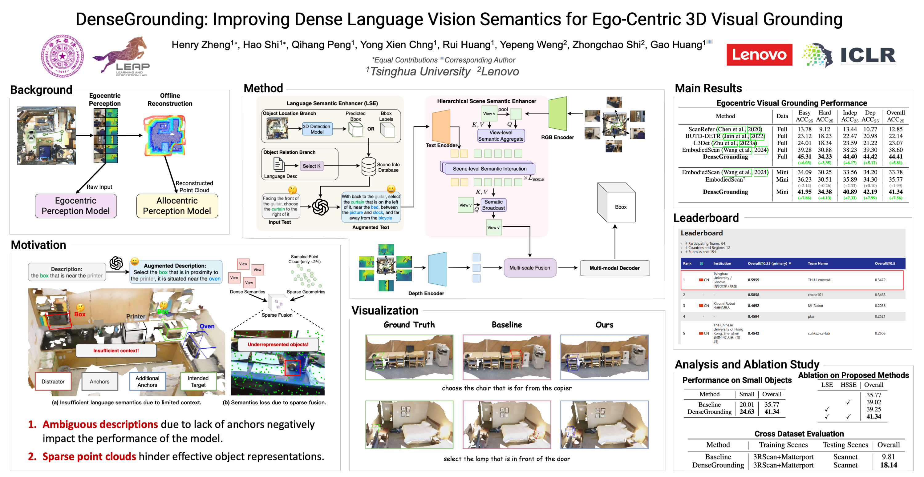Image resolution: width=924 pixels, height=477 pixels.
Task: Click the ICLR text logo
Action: click(868, 56)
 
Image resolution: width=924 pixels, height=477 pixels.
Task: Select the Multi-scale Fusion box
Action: click(529, 268)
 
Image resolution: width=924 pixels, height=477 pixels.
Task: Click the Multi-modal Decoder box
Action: click(614, 268)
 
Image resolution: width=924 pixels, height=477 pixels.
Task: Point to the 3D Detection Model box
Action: click(317, 129)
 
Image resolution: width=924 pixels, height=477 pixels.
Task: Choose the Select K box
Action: click(311, 166)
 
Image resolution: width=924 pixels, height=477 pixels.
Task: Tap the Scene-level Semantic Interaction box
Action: click(489, 169)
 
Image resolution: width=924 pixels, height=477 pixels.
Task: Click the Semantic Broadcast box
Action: click(493, 205)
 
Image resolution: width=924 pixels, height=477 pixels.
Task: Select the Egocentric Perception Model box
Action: click(76, 206)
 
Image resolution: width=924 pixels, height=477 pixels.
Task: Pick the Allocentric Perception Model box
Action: click(177, 206)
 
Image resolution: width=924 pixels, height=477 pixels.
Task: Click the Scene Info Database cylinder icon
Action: click(368, 167)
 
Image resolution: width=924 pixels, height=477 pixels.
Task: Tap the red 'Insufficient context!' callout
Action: click(116, 351)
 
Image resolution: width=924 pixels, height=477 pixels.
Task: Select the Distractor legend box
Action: click(53, 381)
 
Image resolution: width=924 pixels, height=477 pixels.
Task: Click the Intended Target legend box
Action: click(198, 381)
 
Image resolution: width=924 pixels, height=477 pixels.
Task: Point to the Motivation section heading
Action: click(38, 245)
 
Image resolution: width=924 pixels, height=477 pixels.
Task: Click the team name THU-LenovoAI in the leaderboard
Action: click(819, 280)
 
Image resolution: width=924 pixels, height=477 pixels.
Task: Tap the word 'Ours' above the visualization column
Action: click(604, 325)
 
